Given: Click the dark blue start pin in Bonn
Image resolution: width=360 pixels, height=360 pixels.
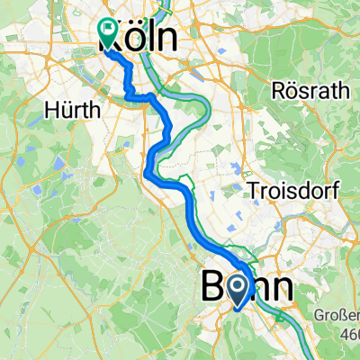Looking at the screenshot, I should click(237, 291).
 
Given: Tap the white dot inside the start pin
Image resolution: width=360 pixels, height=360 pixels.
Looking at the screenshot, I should click(237, 287).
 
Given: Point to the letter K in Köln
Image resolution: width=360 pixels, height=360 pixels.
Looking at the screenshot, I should click(110, 40).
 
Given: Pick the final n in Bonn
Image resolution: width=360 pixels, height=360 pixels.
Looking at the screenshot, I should click(280, 289).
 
